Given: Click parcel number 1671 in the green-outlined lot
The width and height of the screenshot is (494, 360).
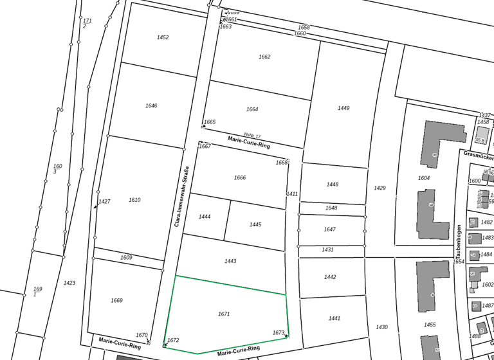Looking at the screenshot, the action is [x=224, y=314].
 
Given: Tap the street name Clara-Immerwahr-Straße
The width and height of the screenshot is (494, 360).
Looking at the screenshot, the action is [x=182, y=197].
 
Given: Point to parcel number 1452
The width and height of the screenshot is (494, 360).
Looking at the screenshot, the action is [x=163, y=37].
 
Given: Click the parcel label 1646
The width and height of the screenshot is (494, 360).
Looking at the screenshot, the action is [x=151, y=105].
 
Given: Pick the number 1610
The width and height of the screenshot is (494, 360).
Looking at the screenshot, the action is [x=134, y=200].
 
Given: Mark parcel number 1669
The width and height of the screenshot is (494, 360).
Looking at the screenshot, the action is [x=116, y=300].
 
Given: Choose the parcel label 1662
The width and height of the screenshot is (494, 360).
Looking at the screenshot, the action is [x=264, y=57].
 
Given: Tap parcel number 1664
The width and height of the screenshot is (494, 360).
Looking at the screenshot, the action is [x=252, y=109].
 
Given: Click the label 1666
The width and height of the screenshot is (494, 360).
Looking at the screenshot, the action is [x=240, y=177].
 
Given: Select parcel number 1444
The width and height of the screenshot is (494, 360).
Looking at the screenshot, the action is [x=205, y=217].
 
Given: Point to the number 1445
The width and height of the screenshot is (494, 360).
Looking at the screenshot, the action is [x=255, y=224].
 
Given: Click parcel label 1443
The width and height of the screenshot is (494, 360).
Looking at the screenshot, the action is [x=230, y=261].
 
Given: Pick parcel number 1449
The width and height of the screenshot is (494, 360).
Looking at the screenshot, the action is [x=343, y=108].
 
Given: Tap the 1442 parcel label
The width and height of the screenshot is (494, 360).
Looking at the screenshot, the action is [x=330, y=277].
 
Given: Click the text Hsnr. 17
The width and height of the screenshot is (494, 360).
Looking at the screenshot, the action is [x=252, y=136].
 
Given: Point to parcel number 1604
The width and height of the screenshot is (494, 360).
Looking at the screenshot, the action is [x=424, y=178].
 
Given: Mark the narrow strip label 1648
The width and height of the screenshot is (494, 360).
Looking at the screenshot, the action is [x=331, y=208].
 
